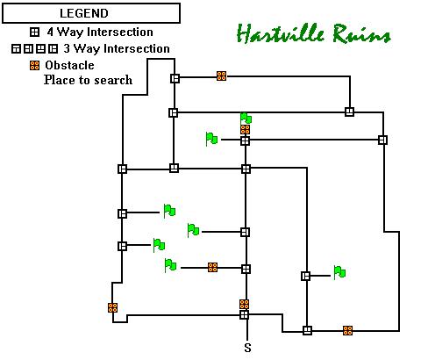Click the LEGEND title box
[91, 13]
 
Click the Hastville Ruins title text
[313, 33]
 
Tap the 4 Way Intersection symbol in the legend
[34, 32]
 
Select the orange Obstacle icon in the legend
[34, 65]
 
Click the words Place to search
[88, 80]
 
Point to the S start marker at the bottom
[247, 348]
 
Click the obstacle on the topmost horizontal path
[221, 76]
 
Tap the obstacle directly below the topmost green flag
[245, 129]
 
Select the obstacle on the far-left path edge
[112, 307]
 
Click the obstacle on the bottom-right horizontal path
[347, 330]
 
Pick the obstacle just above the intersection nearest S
[244, 304]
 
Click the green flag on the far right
[339, 272]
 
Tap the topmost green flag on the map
[246, 118]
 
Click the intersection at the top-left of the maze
[175, 78]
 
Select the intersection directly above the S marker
[244, 315]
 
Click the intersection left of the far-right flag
[305, 276]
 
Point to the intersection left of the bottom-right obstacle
[307, 330]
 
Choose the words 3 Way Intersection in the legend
[117, 48]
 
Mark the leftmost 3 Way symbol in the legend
[16, 49]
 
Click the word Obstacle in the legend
[69, 65]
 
